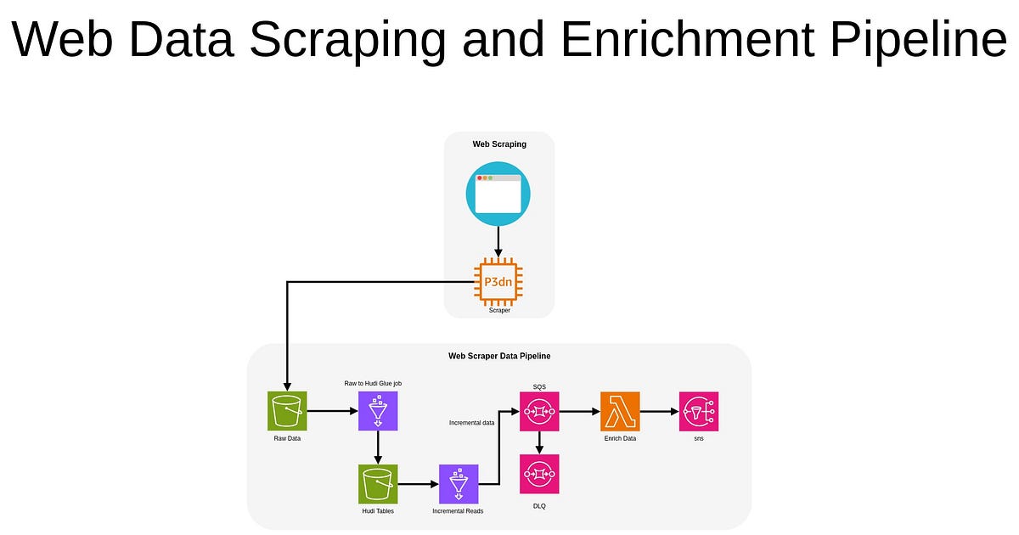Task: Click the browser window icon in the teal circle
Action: (x=498, y=194)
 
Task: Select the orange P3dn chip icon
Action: (x=498, y=280)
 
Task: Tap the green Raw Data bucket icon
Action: (x=288, y=412)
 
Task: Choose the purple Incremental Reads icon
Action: (x=459, y=484)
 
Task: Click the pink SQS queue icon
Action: (x=539, y=412)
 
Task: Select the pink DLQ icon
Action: (x=539, y=474)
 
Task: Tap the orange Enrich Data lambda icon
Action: (x=620, y=412)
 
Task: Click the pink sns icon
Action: (x=699, y=412)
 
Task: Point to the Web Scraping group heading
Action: (x=499, y=144)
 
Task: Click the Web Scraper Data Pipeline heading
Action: (x=499, y=356)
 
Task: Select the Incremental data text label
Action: (x=472, y=422)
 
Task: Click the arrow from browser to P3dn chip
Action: (x=498, y=242)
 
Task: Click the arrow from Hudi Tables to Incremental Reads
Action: (x=418, y=484)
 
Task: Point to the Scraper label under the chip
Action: (x=499, y=311)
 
